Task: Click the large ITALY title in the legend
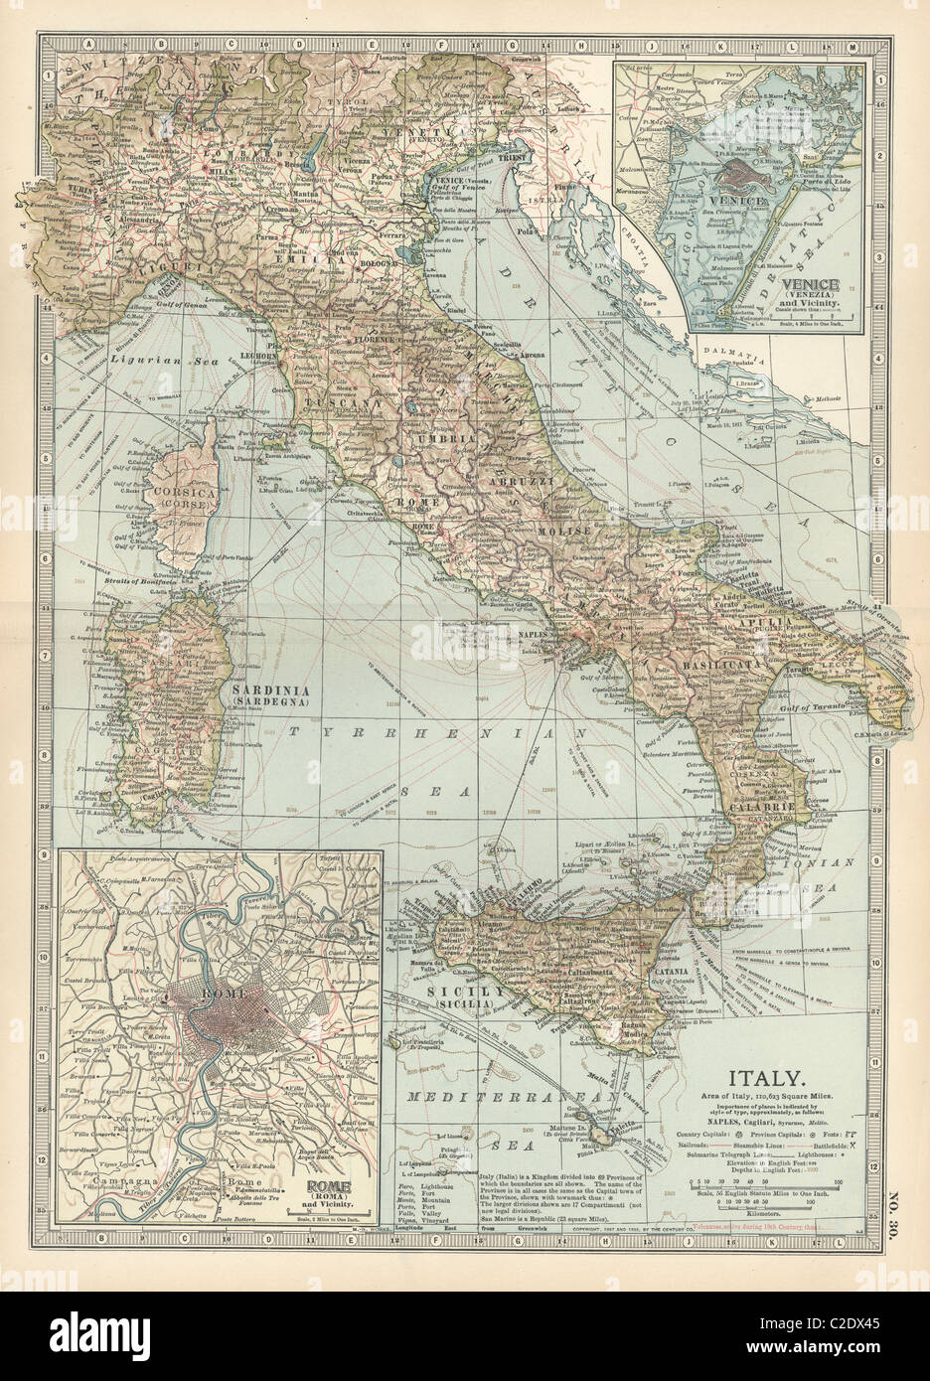(762, 1078)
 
